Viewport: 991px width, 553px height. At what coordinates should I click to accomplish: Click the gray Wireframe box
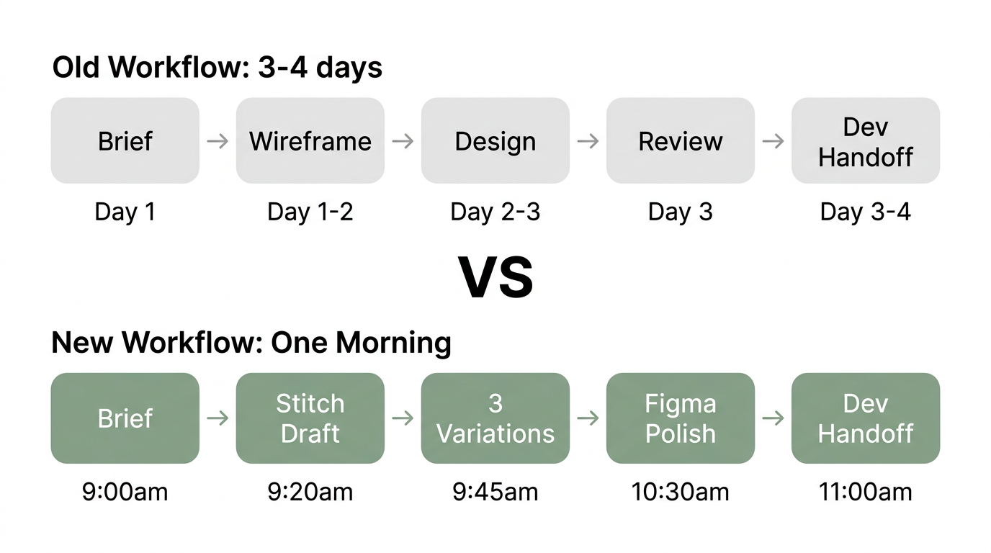[x=310, y=140]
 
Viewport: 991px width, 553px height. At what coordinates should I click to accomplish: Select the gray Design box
[x=495, y=140]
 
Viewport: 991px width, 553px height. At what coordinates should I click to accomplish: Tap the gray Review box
[x=681, y=140]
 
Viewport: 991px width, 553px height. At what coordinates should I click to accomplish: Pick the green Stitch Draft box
[x=310, y=418]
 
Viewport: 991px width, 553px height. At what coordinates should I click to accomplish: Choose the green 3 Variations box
[x=495, y=418]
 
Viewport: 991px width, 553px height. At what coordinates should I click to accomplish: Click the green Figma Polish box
[x=681, y=418]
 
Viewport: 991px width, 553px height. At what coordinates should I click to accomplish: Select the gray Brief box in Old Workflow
[x=125, y=140]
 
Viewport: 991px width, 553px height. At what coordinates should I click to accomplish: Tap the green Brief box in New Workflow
[x=125, y=418]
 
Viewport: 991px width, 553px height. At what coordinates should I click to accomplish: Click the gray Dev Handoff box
[x=866, y=140]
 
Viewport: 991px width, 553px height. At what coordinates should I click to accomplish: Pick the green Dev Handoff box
[x=866, y=418]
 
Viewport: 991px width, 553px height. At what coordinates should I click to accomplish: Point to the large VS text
[x=496, y=278]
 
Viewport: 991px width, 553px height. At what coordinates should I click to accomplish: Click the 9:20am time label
[x=310, y=492]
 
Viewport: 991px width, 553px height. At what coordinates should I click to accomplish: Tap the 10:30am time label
[x=681, y=492]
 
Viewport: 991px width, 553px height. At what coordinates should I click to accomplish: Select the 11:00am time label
[x=866, y=492]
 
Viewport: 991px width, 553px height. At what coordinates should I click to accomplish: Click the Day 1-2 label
[x=310, y=212]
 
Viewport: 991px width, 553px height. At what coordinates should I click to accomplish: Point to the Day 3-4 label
[x=866, y=212]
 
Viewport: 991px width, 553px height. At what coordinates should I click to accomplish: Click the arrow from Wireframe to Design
[x=403, y=140]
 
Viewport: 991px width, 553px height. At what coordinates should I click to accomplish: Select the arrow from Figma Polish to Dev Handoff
[x=773, y=418]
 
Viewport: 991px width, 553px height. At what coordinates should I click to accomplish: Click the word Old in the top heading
[x=77, y=68]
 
